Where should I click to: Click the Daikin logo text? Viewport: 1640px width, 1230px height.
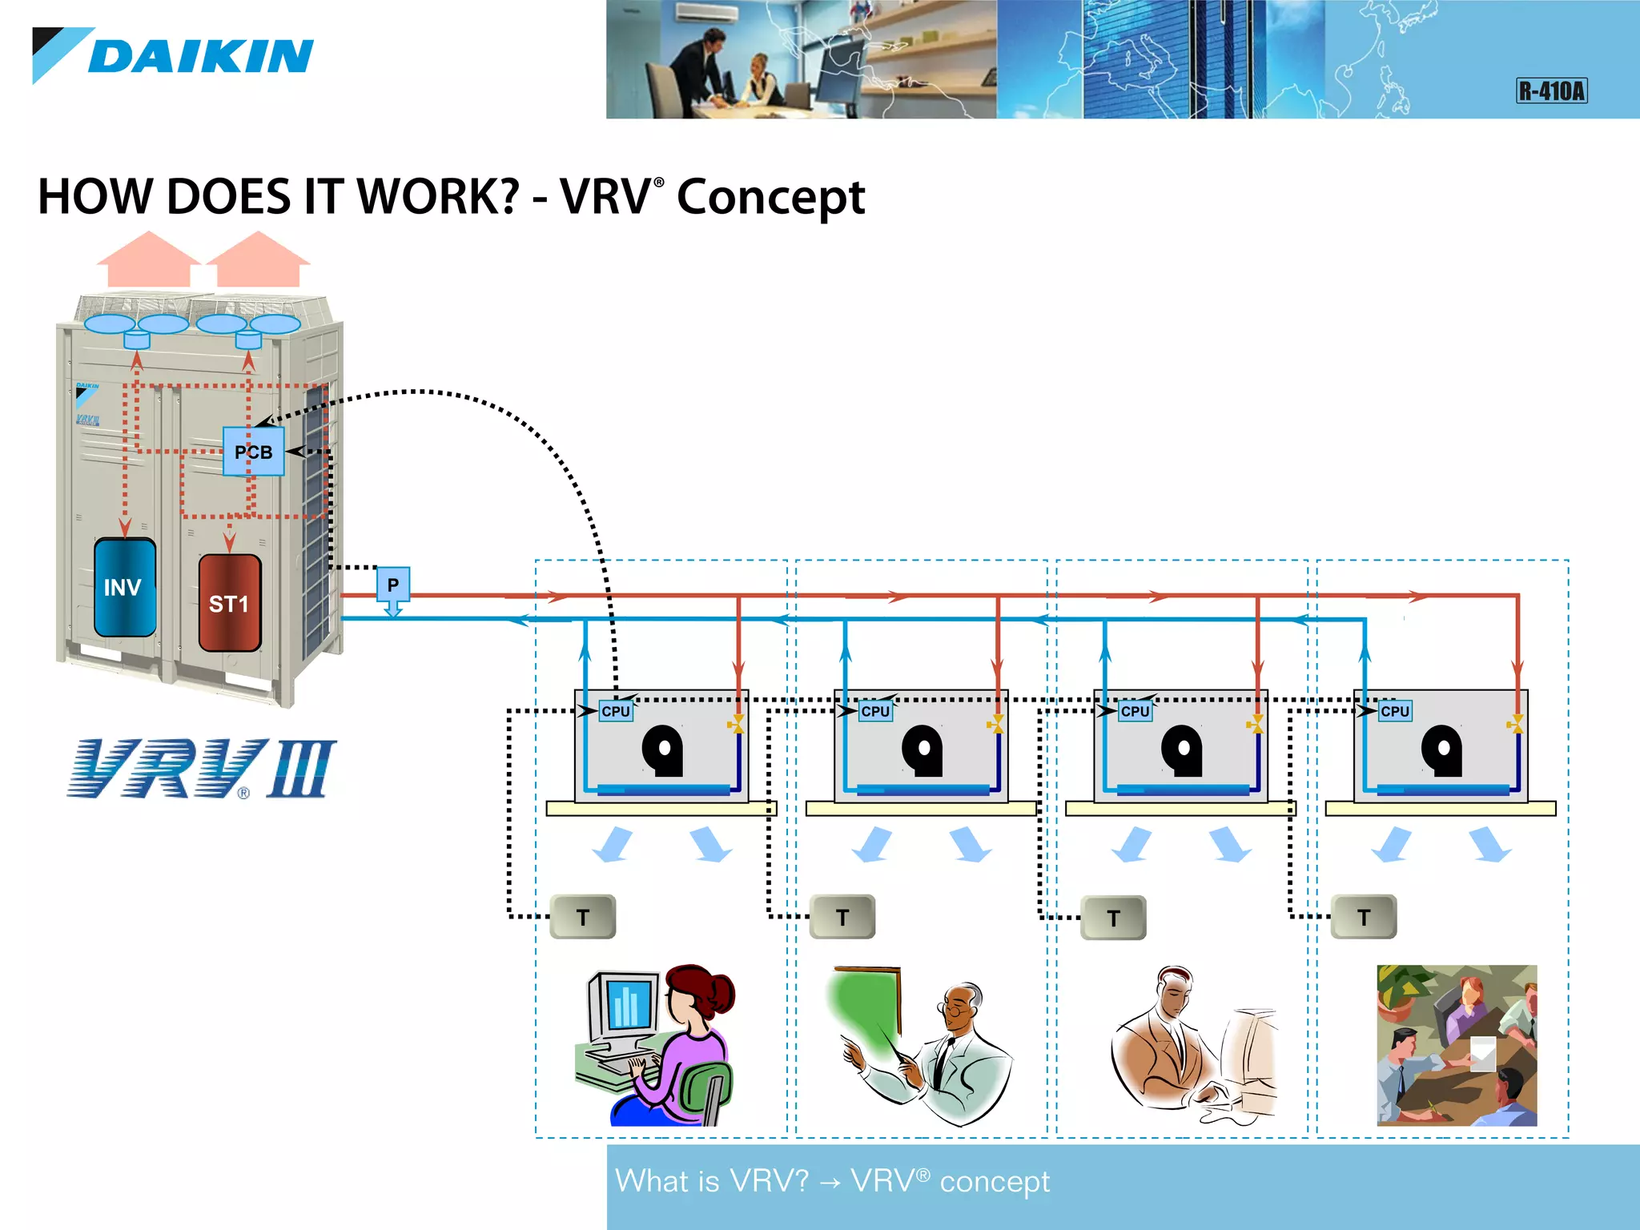coord(200,57)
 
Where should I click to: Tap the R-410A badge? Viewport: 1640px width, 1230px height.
coord(1551,90)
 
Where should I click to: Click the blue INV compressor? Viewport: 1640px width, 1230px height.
coord(124,588)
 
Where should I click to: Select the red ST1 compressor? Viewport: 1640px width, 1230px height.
coord(229,603)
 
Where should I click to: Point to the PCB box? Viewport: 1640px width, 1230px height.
coord(253,452)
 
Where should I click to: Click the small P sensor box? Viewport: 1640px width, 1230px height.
coord(392,585)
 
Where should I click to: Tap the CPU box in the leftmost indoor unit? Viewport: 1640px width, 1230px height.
coord(616,711)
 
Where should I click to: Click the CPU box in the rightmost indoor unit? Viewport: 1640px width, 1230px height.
coord(1394,711)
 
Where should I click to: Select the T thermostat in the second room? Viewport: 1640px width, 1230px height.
coord(842,918)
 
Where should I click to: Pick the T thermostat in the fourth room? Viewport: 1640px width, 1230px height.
coord(1364,917)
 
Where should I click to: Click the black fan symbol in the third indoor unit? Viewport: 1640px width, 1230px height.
coord(1182,750)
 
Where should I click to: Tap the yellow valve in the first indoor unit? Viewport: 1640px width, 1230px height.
coord(736,725)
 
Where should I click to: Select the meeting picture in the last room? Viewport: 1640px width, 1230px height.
coord(1456,1045)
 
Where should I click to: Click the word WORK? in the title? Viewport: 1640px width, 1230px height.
coord(437,197)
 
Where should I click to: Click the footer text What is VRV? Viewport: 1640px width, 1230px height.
coord(711,1181)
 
